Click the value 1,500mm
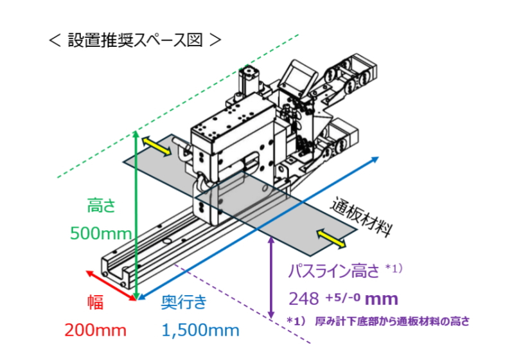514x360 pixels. coord(200,330)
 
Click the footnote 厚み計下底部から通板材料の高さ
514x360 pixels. coord(393,321)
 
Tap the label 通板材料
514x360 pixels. coord(361,216)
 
